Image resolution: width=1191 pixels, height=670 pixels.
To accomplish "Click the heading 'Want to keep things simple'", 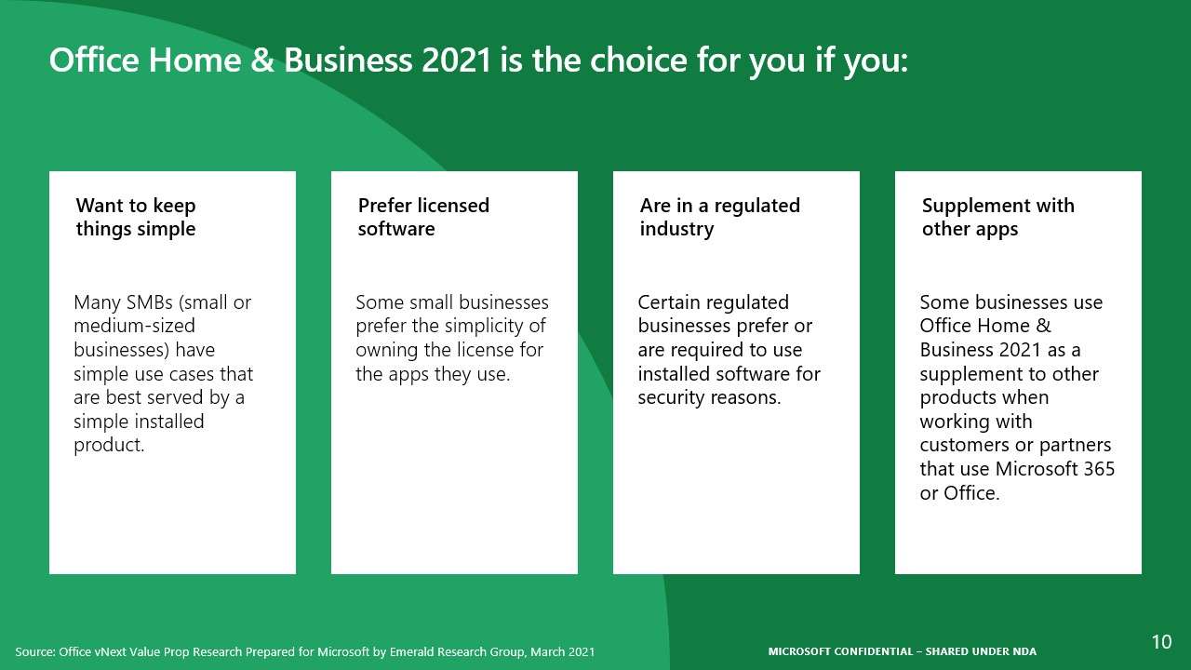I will (x=136, y=217).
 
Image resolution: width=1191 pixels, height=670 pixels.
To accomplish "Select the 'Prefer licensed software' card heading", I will (x=423, y=217).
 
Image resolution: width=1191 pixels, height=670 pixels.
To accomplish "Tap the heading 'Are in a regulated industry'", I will (x=719, y=217).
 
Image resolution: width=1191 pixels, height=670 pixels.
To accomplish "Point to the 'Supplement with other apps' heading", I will (x=997, y=217).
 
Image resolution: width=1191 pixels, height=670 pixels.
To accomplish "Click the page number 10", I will (x=1161, y=642).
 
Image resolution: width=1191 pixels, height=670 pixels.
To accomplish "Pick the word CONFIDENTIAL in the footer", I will (x=872, y=651).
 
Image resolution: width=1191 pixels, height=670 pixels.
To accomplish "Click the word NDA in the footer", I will (x=1024, y=651).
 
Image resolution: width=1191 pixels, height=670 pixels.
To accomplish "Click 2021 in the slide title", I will (x=456, y=60).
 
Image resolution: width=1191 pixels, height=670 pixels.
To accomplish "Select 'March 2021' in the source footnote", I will (x=562, y=652).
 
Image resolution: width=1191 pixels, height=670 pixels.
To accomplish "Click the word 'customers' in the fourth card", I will (x=966, y=446).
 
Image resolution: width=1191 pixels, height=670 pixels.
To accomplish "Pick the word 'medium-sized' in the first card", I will (x=134, y=327).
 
